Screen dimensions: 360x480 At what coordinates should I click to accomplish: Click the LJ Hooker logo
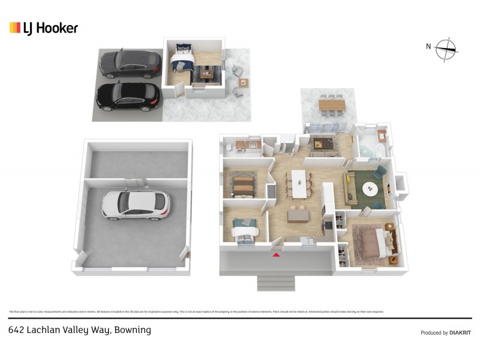44,28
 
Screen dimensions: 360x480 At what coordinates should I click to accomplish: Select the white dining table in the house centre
298,183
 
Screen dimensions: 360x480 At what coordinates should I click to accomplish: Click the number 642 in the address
17,330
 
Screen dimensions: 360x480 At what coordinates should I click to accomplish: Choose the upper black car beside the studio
130,64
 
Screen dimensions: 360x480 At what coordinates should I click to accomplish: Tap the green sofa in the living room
352,188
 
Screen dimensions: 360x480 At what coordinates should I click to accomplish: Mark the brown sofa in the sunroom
325,144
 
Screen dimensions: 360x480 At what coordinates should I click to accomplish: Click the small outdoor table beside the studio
243,83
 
